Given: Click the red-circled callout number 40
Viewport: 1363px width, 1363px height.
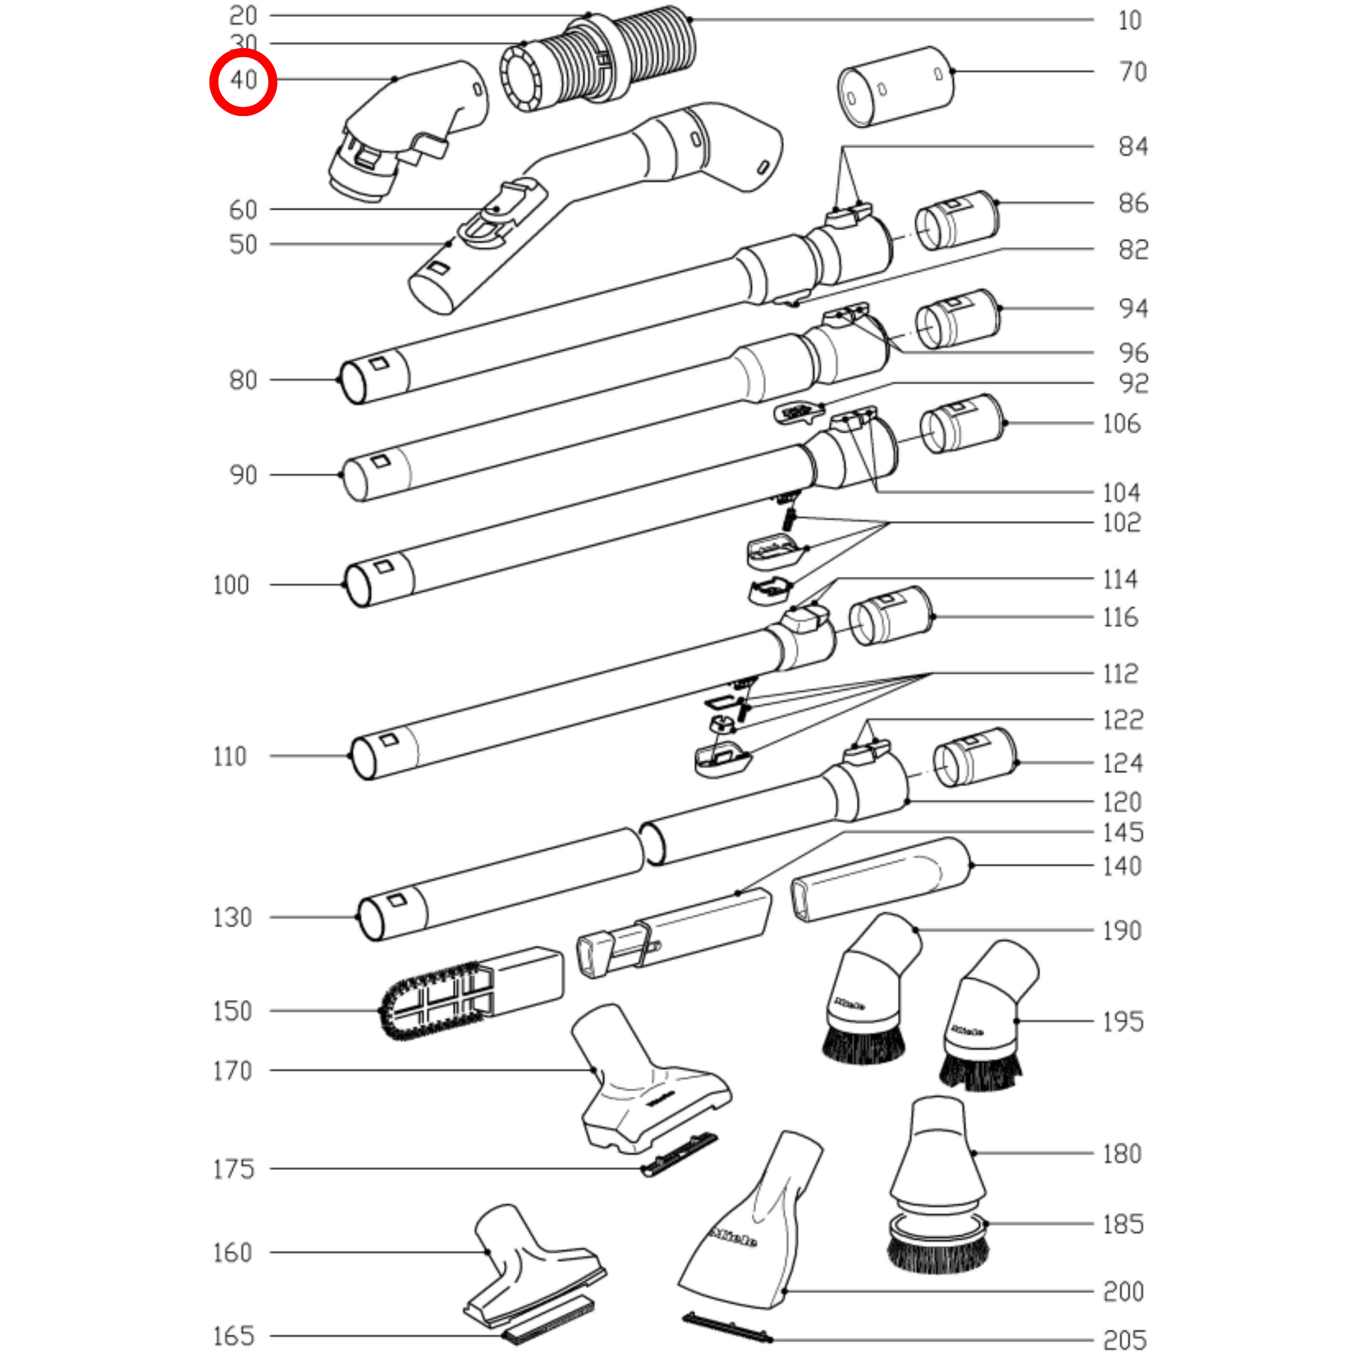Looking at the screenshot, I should (x=243, y=80).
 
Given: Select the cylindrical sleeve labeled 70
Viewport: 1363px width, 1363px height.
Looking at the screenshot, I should (x=896, y=88).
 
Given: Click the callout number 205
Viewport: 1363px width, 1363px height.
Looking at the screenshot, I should (x=1125, y=1340).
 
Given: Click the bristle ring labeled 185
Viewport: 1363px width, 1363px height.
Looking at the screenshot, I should (x=938, y=1245).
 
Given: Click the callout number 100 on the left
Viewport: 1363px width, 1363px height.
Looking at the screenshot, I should (x=231, y=585).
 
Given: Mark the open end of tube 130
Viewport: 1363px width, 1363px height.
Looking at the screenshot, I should (x=371, y=919).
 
